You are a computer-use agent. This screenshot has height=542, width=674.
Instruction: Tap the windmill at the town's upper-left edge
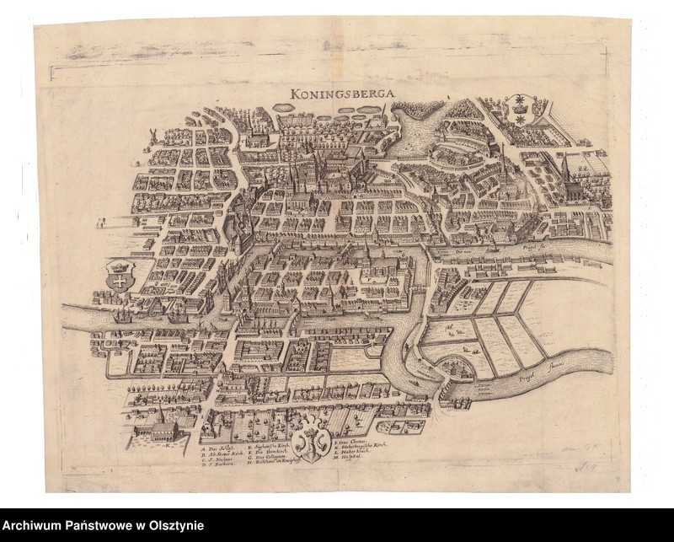pos(153,135)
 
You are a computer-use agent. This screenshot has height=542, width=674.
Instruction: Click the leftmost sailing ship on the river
pos(124,316)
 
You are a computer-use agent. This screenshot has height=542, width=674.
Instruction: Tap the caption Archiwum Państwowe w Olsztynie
pos(102,526)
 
